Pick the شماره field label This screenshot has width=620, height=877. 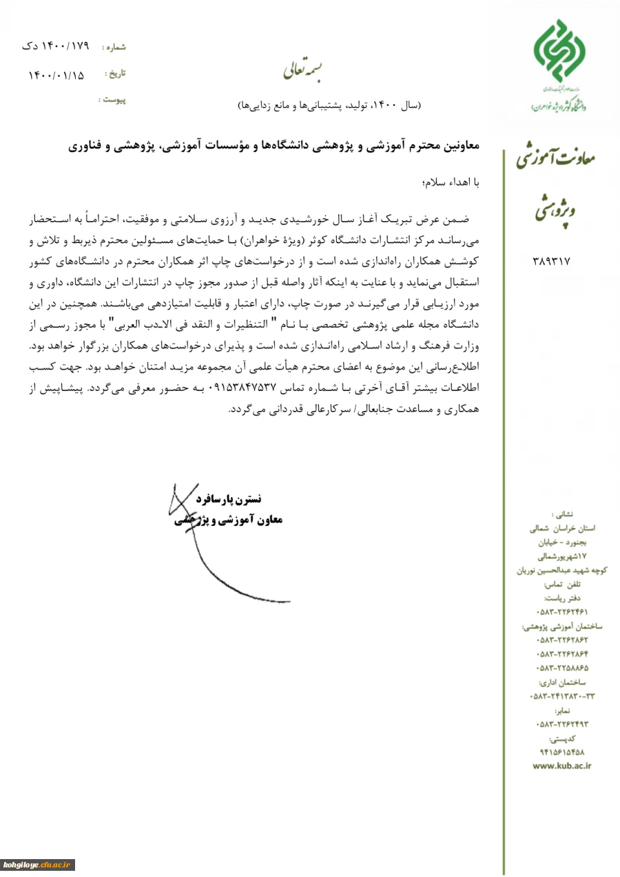(x=114, y=47)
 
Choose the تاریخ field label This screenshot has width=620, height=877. (x=115, y=73)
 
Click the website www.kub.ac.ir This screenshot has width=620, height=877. (x=562, y=765)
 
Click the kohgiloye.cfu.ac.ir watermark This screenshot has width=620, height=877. (x=38, y=865)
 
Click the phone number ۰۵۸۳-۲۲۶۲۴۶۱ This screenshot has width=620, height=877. (x=562, y=611)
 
